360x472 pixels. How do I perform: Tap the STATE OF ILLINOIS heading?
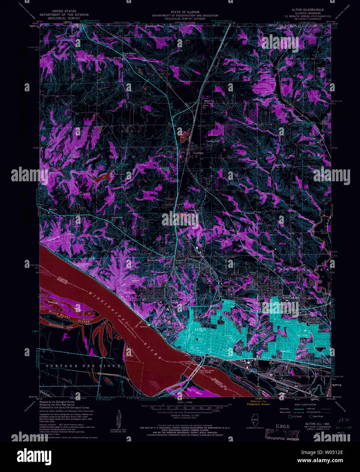(x=185, y=12)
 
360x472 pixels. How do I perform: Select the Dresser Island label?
(x=54, y=302)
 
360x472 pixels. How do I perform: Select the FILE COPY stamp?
(x=282, y=434)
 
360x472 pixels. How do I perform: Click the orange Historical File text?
(x=258, y=401)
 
